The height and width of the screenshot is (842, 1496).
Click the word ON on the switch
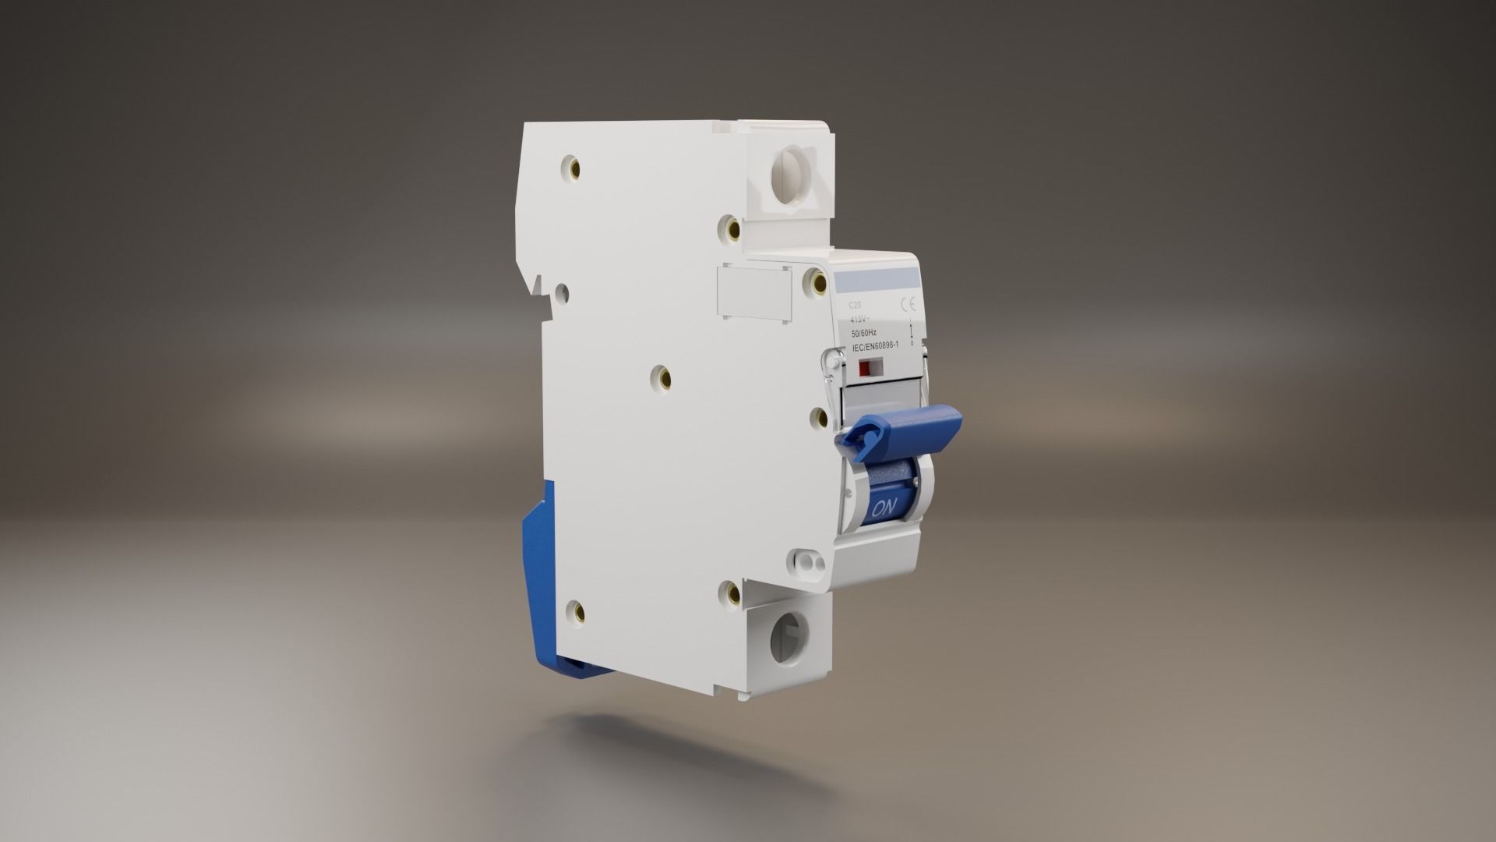884,508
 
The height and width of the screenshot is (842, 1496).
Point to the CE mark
908,305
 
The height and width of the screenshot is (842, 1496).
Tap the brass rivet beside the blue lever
819,419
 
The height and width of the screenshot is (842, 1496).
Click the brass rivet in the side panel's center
664,378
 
